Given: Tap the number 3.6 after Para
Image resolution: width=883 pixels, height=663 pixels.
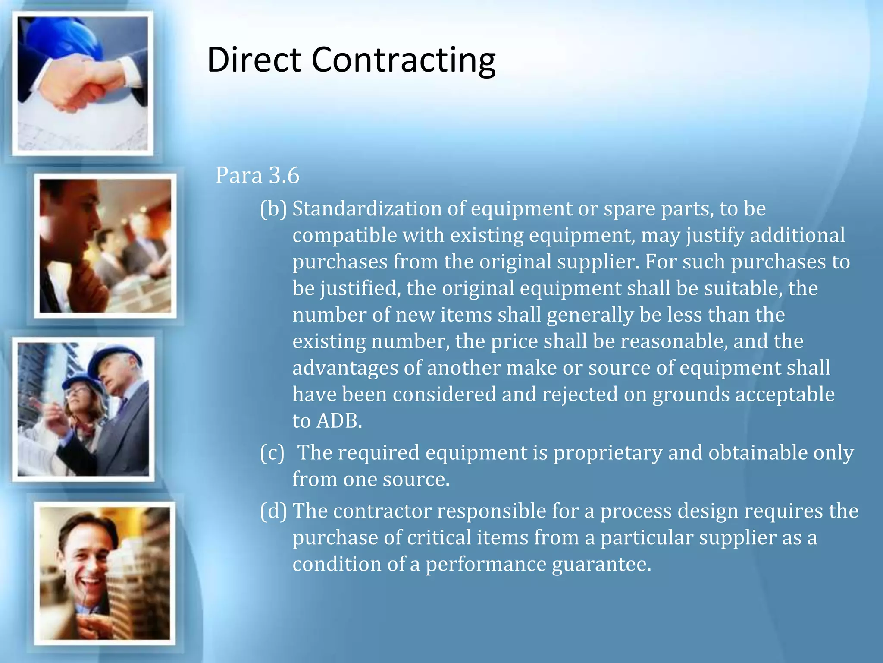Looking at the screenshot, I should click(x=284, y=175).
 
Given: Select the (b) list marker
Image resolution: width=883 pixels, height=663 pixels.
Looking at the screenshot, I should click(x=273, y=209).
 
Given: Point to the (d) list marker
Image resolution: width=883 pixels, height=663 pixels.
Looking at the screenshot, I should click(x=273, y=511).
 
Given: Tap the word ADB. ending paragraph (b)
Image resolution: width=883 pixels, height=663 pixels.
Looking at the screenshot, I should click(x=339, y=421).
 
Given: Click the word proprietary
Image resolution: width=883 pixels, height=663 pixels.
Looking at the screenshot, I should click(x=608, y=453).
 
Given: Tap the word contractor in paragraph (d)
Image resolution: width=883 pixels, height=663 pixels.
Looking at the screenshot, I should click(x=382, y=511).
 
